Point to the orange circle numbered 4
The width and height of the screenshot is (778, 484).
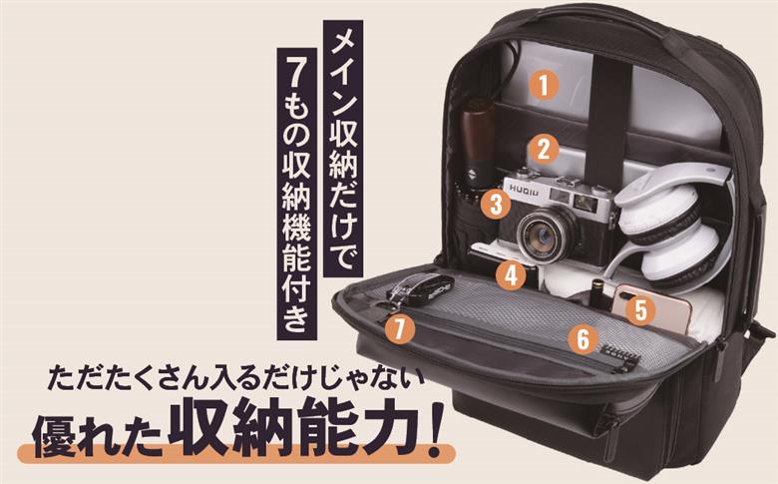tap(512, 274)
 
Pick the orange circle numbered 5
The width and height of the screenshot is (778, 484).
tap(641, 309)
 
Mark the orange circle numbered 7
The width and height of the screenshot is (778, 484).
tap(400, 328)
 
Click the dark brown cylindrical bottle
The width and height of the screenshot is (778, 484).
tap(476, 139)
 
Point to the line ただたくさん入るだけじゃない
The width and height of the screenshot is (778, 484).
tap(239, 380)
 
